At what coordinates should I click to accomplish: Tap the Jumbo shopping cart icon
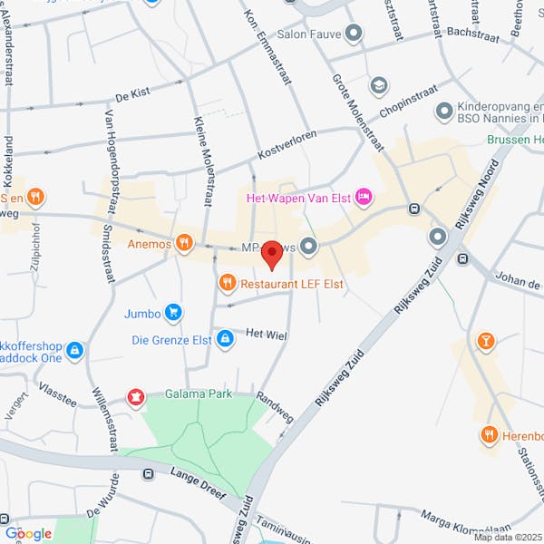tap(172, 314)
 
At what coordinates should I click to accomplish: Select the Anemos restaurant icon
tap(184, 242)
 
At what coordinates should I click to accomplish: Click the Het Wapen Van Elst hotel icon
tap(364, 196)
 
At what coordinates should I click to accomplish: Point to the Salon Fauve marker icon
tap(355, 34)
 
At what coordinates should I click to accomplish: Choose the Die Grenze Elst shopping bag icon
tap(225, 340)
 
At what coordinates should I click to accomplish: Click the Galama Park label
tap(199, 393)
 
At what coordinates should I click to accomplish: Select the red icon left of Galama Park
tap(136, 395)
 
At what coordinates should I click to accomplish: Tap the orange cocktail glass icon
tap(486, 341)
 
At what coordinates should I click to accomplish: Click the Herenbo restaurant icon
tap(491, 435)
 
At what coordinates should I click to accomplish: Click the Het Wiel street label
tap(267, 335)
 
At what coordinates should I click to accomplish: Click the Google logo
tap(27, 533)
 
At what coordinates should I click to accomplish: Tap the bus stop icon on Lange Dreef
tap(147, 473)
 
